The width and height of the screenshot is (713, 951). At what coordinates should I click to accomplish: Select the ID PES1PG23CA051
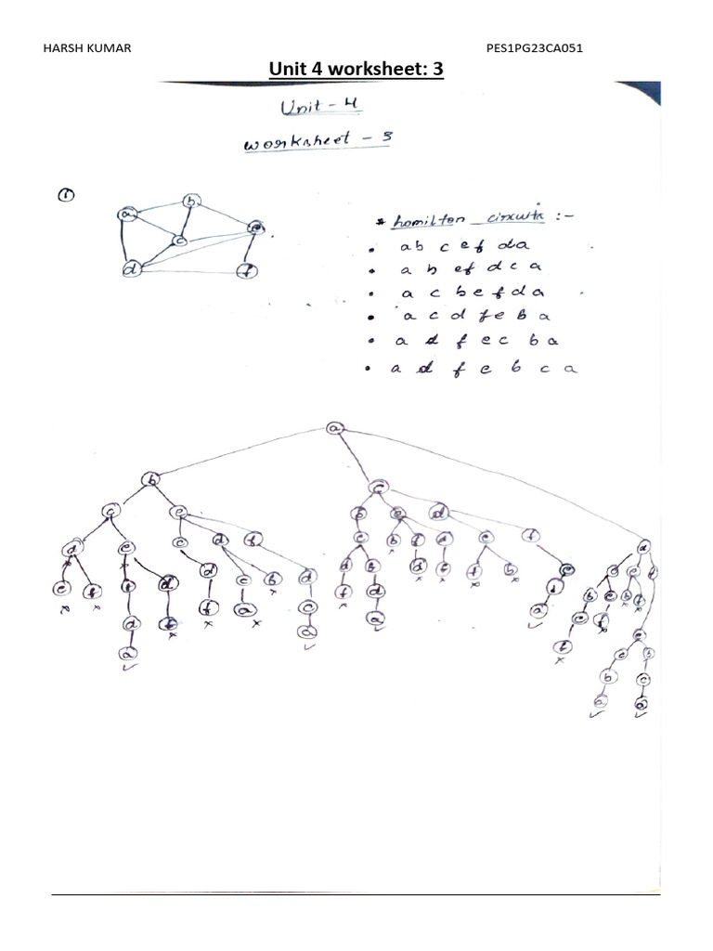click(534, 47)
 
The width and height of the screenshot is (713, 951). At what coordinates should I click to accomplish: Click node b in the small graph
click(191, 201)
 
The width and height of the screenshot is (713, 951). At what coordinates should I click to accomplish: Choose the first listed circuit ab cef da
click(461, 248)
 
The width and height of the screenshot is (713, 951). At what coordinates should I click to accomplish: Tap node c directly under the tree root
click(377, 487)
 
